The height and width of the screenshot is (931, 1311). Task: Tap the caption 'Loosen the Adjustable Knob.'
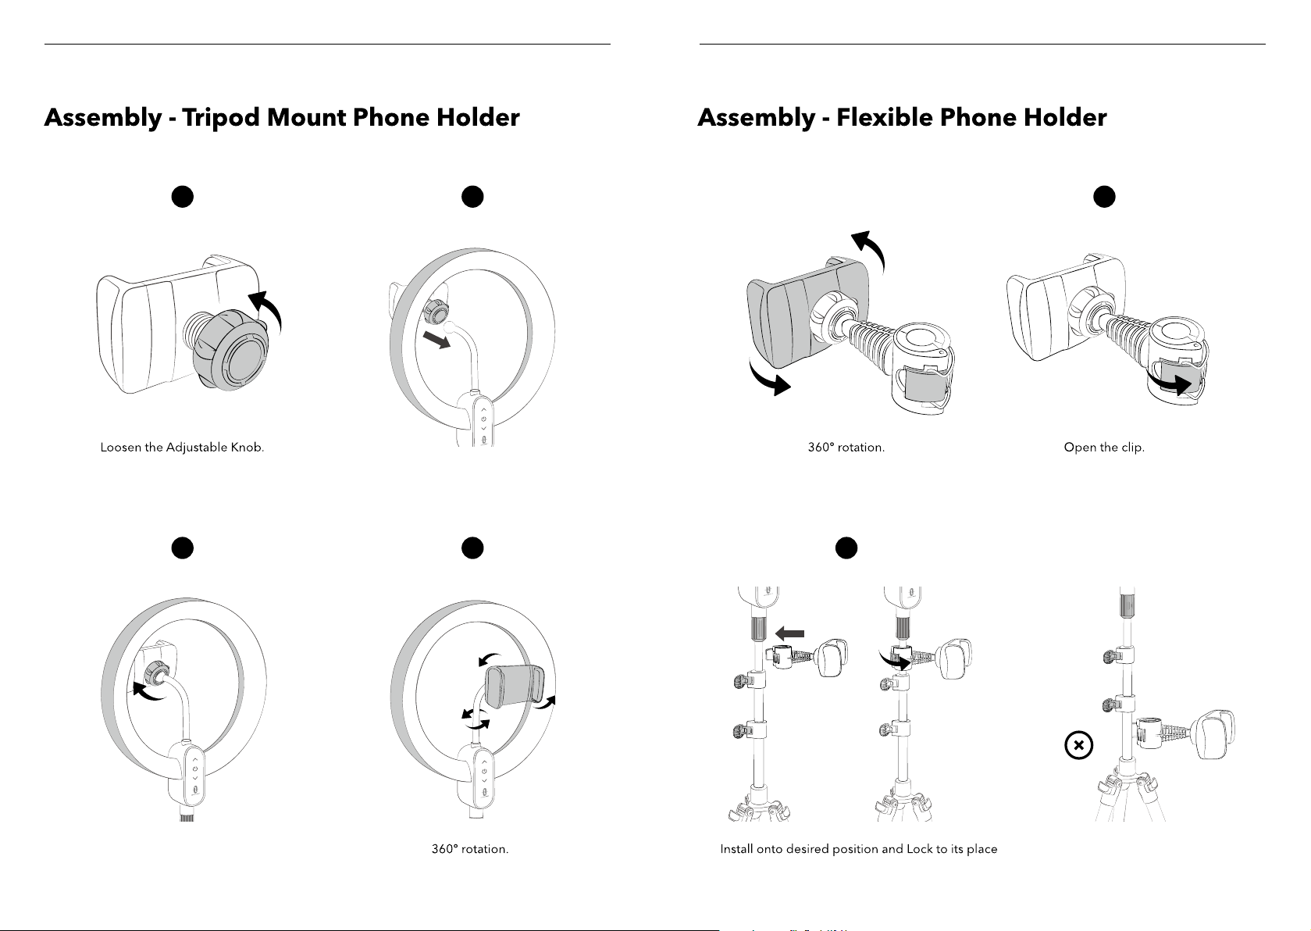[182, 448]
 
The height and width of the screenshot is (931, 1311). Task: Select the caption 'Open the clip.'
[1104, 448]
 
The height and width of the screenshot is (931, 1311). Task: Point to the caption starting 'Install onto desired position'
[858, 849]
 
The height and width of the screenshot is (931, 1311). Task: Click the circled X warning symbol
[1078, 746]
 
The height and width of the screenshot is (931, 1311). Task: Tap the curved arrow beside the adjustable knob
[265, 309]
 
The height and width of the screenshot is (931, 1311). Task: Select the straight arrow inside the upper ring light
[436, 340]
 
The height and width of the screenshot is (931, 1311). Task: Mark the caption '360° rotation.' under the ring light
[470, 849]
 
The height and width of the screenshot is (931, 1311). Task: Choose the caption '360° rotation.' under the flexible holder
[846, 448]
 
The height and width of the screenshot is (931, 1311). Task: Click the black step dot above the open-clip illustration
[1103, 197]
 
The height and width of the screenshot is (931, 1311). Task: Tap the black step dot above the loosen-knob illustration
[182, 197]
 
